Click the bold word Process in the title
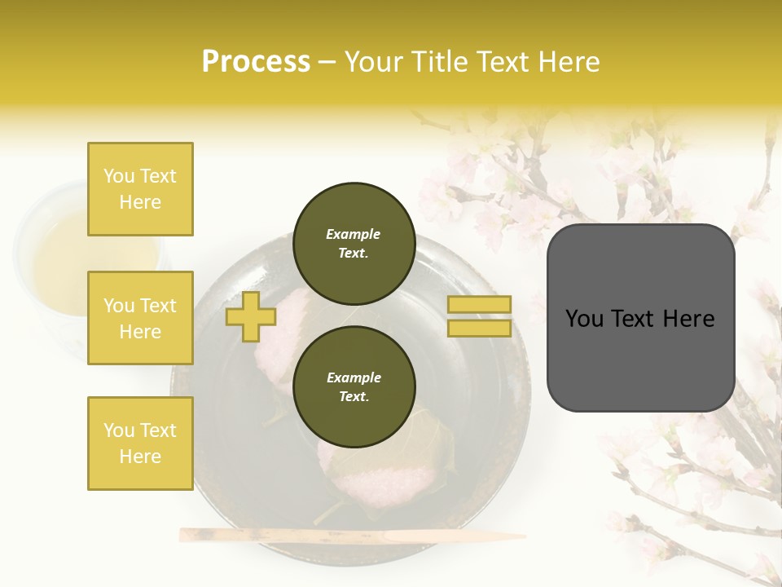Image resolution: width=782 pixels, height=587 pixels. click(256, 62)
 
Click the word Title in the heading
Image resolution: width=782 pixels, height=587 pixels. click(439, 62)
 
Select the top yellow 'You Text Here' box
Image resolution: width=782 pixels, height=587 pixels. click(140, 189)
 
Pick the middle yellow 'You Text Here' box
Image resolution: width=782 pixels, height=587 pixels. click(140, 318)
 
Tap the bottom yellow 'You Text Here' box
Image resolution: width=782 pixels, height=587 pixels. click(140, 444)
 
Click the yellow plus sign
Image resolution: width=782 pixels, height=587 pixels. click(251, 316)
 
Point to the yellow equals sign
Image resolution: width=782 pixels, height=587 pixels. click(479, 316)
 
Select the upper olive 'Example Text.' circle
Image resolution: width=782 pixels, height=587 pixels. click(354, 244)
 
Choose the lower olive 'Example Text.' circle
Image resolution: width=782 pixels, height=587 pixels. click(354, 387)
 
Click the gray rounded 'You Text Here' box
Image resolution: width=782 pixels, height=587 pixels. click(640, 318)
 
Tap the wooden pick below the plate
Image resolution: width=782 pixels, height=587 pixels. click(350, 536)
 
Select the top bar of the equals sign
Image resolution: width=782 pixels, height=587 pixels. click(479, 305)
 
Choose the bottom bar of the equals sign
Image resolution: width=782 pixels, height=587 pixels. click(479, 329)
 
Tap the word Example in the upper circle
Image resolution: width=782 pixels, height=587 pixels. click(354, 235)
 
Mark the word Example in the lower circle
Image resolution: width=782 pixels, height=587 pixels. click(354, 378)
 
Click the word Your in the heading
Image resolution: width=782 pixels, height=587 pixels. click(373, 62)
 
